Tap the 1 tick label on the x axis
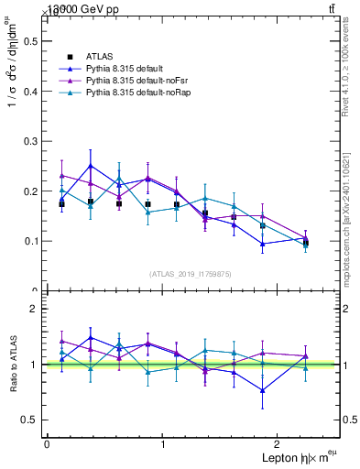pos(163,445)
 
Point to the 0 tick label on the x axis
pos(46,445)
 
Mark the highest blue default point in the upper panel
pos(91,166)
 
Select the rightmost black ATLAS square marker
pos(305,243)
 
